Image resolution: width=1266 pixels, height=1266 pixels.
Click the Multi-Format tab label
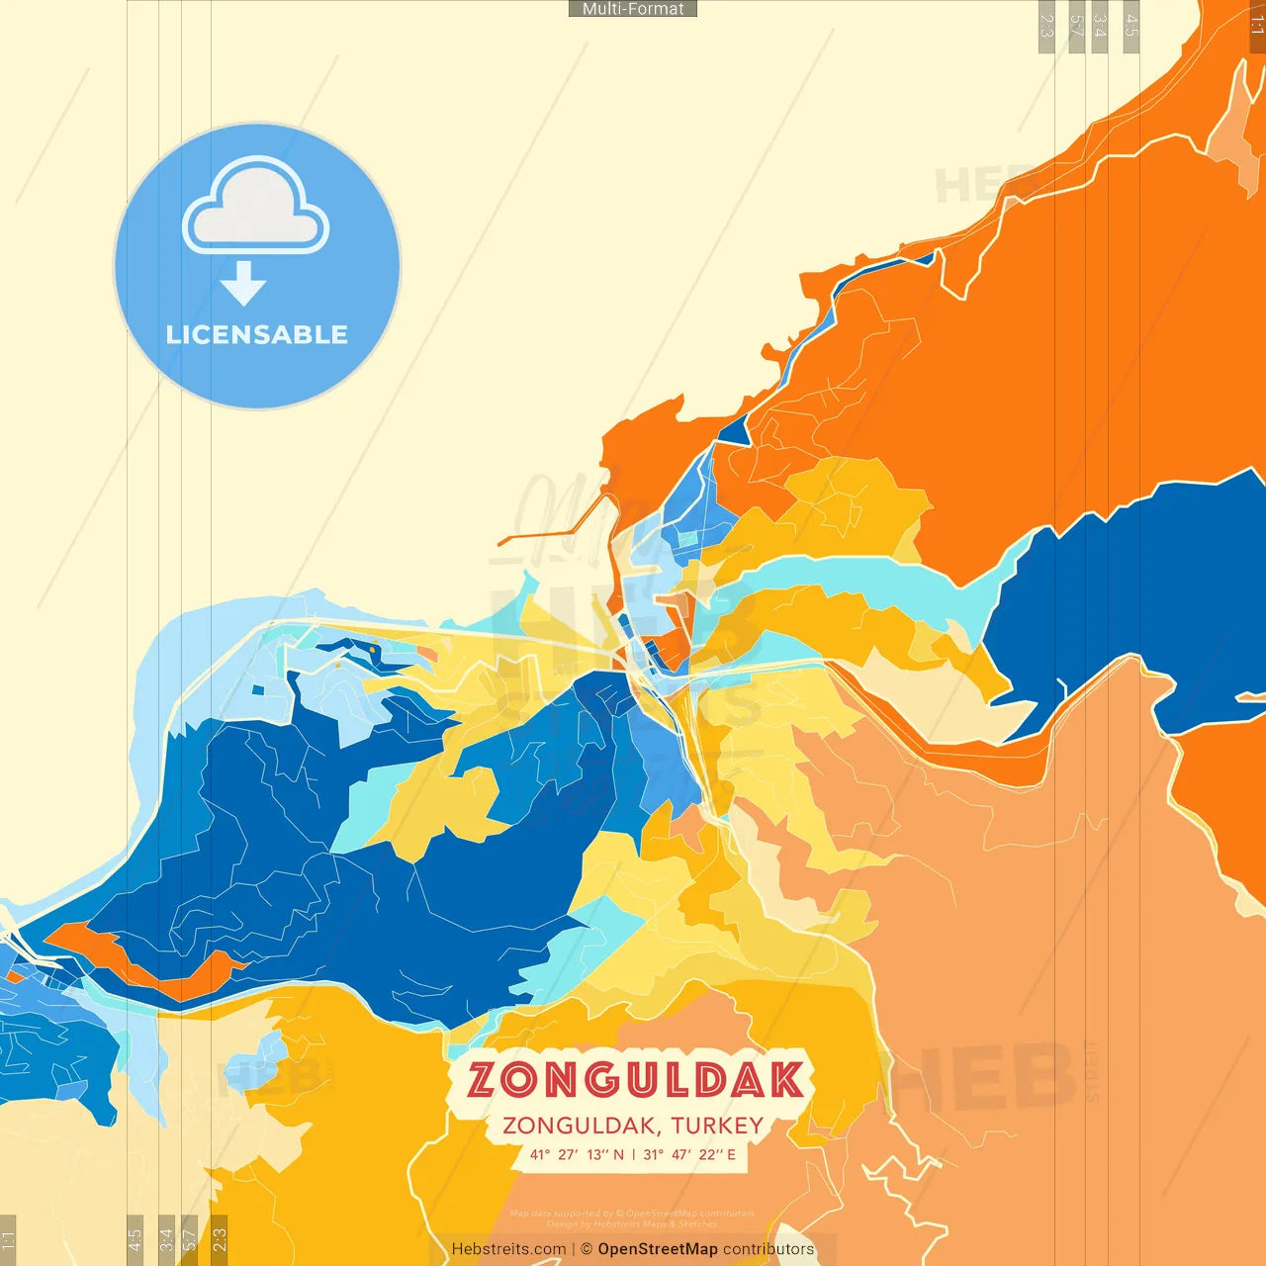pos(633,9)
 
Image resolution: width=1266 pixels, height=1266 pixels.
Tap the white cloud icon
pos(256,207)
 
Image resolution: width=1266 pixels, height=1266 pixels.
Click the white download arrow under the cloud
pos(243,284)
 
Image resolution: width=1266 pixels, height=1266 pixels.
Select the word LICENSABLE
pos(257,335)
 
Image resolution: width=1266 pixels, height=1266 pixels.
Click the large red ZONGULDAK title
pos(635,1080)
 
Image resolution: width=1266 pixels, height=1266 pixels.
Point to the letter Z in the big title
pos(484,1080)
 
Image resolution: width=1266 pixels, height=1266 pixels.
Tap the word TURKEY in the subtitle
pos(717,1126)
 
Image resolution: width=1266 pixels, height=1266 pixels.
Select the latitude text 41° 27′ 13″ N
pos(577,1154)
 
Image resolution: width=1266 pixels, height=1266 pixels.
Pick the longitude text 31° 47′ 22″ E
pos(689,1154)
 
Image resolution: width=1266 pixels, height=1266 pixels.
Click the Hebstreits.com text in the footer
pos(508,1249)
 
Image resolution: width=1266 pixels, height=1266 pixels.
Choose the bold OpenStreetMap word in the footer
pos(657,1249)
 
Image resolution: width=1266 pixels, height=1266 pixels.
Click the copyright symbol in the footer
pos(587,1249)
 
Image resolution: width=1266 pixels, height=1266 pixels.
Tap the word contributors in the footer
pos(769,1249)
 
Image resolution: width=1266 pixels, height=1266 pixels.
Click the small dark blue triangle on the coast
pos(735,431)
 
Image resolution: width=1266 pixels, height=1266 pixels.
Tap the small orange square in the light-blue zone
pos(427,654)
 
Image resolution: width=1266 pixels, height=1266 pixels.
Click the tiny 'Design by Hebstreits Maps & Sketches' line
pos(633,1223)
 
